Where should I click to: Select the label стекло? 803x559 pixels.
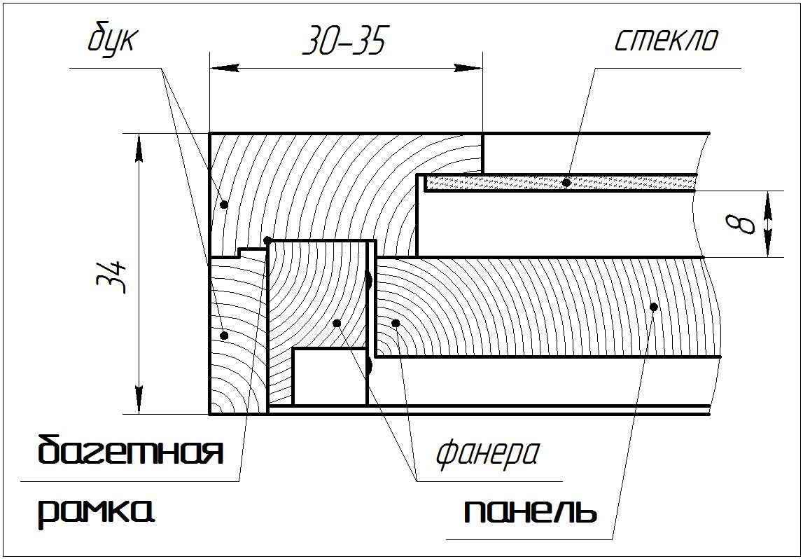click(666, 39)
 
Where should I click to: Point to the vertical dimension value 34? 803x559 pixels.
click(112, 277)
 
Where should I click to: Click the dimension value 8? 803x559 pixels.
click(741, 224)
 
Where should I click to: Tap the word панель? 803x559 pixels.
click(531, 511)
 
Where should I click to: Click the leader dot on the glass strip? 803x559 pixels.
click(566, 182)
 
